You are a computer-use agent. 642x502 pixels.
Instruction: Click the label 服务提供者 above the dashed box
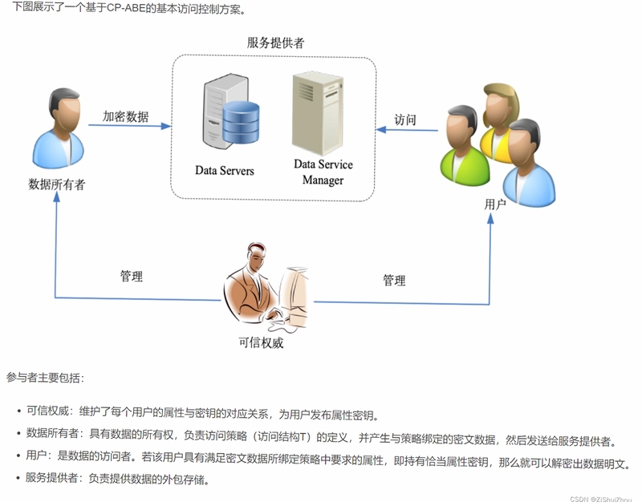275,43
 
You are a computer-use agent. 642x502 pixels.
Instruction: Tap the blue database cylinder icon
241,123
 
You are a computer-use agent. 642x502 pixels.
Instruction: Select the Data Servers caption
225,170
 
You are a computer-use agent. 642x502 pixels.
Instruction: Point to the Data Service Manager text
323,172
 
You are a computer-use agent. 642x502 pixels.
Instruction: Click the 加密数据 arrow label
125,116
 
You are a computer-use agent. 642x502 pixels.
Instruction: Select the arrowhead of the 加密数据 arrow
166,126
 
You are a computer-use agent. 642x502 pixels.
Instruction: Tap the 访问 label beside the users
405,119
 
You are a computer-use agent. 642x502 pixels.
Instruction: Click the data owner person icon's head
64,108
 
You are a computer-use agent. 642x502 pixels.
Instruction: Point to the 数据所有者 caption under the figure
56,184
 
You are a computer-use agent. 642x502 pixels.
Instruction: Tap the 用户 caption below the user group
495,204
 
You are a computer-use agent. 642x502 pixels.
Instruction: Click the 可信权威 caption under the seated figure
261,342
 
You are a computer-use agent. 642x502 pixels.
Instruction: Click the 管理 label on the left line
132,276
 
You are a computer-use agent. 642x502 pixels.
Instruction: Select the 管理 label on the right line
394,280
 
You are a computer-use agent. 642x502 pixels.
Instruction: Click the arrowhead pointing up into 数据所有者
56,196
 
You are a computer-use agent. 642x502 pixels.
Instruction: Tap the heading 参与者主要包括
45,377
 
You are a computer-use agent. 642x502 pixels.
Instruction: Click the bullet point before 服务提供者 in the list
18,478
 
